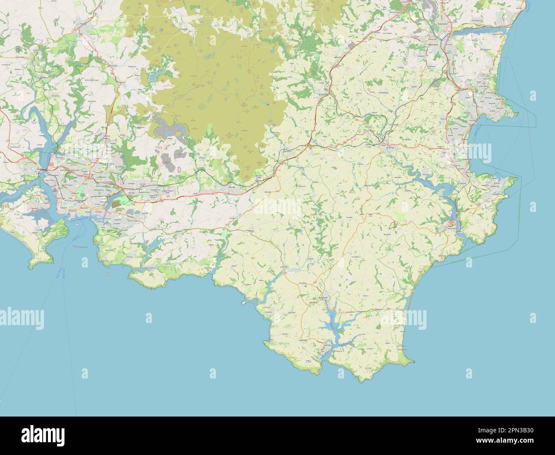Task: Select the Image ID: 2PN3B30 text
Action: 506,430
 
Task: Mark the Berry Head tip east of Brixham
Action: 517,179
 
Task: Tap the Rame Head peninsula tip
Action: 31,267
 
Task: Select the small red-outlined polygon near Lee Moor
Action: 179,170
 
